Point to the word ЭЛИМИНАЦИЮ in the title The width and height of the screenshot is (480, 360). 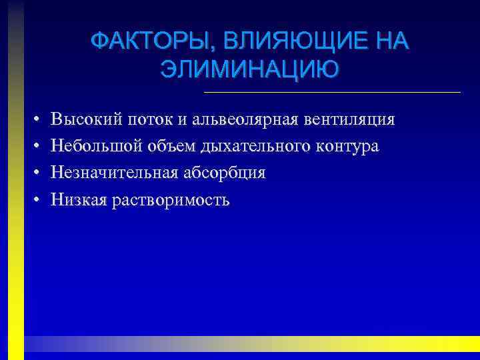point(249,69)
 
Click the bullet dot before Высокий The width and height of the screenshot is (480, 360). point(33,121)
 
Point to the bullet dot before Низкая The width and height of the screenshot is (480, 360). point(33,200)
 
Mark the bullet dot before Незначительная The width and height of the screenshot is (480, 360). point(33,173)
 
